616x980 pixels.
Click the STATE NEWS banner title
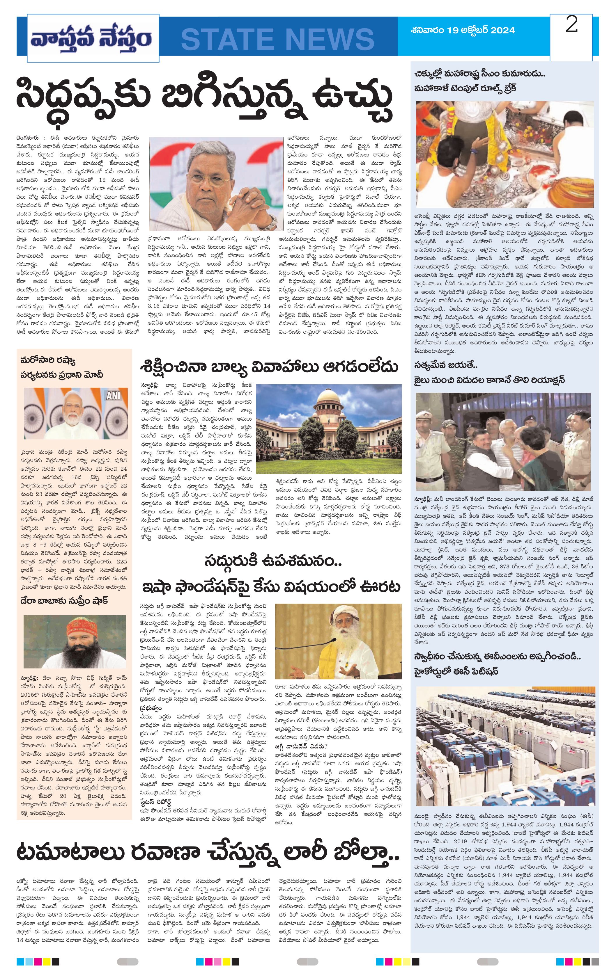point(277,39)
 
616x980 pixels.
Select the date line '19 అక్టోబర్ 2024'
point(463,30)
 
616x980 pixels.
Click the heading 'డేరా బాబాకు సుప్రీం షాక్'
point(64,601)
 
